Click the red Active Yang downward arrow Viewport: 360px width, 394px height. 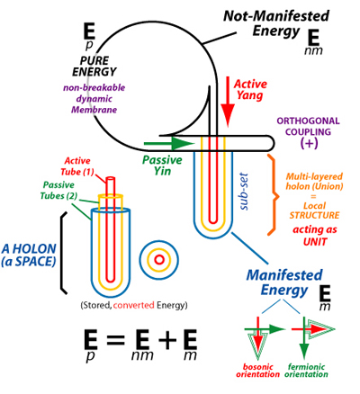coord(228,102)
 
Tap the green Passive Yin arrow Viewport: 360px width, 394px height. coord(169,143)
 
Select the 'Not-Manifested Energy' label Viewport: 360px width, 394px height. coord(276,23)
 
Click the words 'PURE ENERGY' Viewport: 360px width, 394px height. coord(94,67)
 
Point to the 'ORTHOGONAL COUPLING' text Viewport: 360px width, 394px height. coord(308,126)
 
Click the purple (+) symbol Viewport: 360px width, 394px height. coord(309,143)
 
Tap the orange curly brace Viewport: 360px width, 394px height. coord(273,195)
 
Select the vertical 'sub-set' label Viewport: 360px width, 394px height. coord(244,192)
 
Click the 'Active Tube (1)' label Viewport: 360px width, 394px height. coord(77,166)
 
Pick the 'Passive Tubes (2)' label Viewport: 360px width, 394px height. coord(58,190)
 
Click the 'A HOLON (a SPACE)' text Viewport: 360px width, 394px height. coord(29,255)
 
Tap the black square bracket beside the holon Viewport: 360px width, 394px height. coord(63,253)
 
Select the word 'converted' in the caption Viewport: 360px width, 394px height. coord(134,305)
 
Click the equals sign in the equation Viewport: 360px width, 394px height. coord(115,340)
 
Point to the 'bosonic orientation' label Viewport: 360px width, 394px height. coord(257,371)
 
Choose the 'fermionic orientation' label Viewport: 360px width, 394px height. coord(306,371)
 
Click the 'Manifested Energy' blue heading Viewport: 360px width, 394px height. coord(284,282)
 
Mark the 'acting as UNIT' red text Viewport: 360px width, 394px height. coord(315,236)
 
